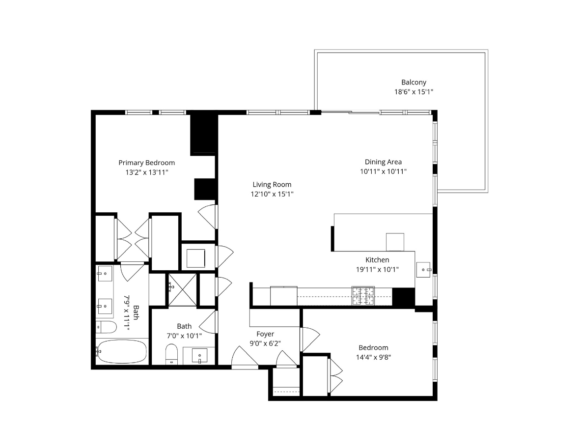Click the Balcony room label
pos(414,83)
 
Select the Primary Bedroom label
pos(146,163)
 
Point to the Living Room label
pos(272,185)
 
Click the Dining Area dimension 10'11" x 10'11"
pos(383,171)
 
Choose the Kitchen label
pos(377,260)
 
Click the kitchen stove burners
pos(362,295)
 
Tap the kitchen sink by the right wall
pos(423,269)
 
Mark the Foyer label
pos(265,334)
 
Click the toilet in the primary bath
pos(106,327)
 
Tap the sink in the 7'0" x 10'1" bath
pos(199,355)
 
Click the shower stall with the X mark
pos(182,289)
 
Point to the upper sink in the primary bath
pos(105,274)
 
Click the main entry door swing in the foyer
pos(244,357)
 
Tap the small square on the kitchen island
pos(395,242)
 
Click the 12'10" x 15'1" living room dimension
pos(272,194)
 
